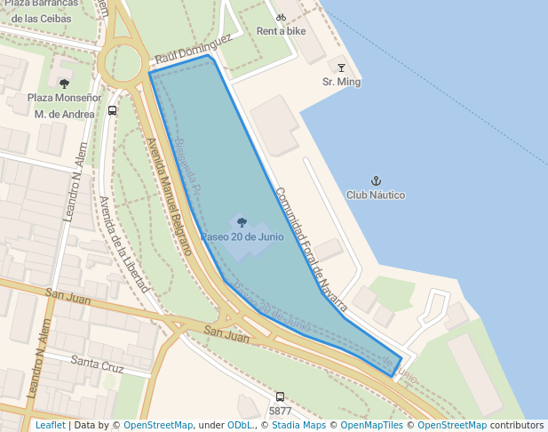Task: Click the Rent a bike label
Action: coord(281,31)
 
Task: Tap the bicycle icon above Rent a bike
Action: coord(281,17)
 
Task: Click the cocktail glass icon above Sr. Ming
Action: coord(341,68)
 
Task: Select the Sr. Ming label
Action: coord(341,82)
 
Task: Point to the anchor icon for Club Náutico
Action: coord(375,180)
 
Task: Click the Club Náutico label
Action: coord(375,195)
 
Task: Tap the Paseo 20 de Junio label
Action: coord(242,237)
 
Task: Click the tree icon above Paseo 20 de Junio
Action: coord(242,222)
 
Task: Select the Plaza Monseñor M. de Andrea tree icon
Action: coord(63,84)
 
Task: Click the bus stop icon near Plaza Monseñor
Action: coord(112,111)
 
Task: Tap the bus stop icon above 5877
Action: coord(280,397)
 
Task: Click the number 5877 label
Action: coord(280,411)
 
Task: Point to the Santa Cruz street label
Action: coord(97,364)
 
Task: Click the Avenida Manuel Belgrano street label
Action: coord(170,196)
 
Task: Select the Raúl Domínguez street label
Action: coord(193,49)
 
